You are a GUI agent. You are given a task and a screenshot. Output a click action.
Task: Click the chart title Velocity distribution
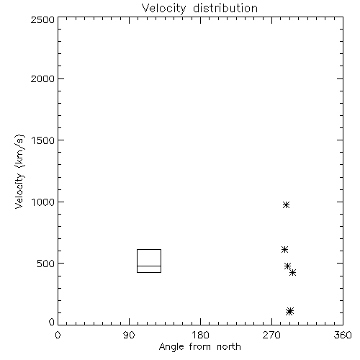(x=199, y=9)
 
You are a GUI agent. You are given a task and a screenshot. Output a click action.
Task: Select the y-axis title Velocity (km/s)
(x=19, y=171)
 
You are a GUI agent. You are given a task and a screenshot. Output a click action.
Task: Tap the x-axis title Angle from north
(x=199, y=347)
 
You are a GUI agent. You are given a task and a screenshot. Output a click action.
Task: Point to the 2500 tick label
(x=42, y=19)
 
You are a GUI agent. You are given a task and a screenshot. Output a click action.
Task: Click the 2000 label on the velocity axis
(x=42, y=78)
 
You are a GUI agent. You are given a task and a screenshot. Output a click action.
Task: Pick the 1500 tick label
(x=43, y=140)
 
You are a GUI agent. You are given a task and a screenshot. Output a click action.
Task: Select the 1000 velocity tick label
(x=43, y=202)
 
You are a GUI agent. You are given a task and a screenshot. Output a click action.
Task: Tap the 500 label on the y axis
(x=46, y=264)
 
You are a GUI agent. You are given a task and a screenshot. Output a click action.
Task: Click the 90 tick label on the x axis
(x=129, y=335)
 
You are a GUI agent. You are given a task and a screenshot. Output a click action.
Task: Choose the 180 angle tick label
(x=200, y=335)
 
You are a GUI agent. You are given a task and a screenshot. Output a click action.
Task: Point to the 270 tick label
(x=271, y=335)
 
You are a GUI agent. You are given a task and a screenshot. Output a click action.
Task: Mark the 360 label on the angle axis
(x=343, y=335)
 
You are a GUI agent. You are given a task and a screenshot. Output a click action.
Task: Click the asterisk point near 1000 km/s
(x=286, y=204)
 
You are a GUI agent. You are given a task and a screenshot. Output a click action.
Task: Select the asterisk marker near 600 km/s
(x=284, y=250)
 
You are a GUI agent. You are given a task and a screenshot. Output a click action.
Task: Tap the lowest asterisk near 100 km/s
(x=290, y=311)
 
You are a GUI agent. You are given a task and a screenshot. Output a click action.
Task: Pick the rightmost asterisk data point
(x=292, y=273)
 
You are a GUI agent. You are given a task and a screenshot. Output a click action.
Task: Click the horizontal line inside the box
(x=149, y=266)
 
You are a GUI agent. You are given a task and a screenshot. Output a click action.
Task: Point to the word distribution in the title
(x=225, y=9)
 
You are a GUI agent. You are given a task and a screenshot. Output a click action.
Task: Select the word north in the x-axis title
(x=229, y=347)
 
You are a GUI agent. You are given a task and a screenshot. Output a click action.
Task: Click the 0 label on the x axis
(x=58, y=335)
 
